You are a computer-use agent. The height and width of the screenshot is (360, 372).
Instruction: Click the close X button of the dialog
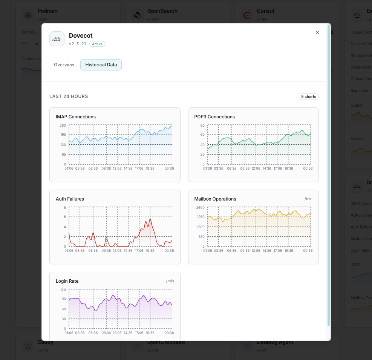coord(317,32)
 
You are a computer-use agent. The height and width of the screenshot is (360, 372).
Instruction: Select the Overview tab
coord(64,65)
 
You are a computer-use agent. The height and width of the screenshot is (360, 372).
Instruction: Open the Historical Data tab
coord(101,65)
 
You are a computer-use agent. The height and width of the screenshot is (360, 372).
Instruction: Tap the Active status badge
coord(97,44)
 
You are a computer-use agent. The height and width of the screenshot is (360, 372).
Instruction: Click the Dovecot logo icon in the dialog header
coord(57,39)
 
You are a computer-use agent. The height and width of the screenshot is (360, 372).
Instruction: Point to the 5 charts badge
coord(309,97)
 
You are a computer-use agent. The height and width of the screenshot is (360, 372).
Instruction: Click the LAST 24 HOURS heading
coord(69,97)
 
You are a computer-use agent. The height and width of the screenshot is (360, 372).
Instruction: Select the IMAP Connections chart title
coord(76,117)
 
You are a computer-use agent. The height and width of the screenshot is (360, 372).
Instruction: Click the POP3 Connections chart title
coord(214,117)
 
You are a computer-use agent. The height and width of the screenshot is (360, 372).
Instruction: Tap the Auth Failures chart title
coord(70,199)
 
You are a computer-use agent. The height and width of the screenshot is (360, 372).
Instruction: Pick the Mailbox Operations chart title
coord(215,199)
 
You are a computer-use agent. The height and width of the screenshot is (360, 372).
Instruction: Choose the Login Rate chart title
coord(67,281)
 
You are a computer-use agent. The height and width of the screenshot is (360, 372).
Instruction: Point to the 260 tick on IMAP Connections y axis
coord(63,126)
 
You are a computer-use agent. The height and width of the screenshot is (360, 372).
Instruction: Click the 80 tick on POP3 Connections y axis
coord(202,126)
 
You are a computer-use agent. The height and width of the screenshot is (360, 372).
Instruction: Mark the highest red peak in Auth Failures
coord(150,219)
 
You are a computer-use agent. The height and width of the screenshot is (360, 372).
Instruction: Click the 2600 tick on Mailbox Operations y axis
coord(201,208)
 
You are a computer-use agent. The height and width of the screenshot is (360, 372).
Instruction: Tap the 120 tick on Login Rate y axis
coord(63,290)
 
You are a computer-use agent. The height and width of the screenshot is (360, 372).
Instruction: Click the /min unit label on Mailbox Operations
coord(308,199)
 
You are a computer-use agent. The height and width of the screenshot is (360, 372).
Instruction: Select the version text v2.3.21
coord(78,44)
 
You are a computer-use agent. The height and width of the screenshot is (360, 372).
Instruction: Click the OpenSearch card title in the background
coord(162,11)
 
